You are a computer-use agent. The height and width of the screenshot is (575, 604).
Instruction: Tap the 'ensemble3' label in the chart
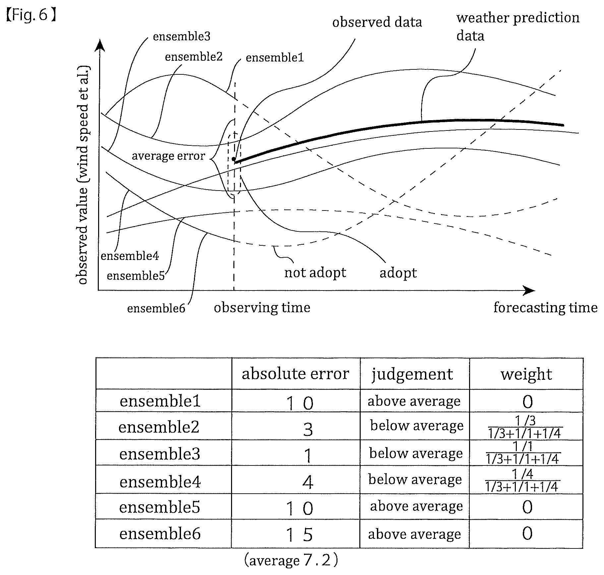click(x=182, y=37)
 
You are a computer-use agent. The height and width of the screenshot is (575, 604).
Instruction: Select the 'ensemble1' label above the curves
click(x=275, y=58)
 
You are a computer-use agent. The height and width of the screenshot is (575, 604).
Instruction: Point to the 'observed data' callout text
click(x=377, y=22)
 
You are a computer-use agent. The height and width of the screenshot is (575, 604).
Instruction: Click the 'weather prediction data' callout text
click(x=518, y=27)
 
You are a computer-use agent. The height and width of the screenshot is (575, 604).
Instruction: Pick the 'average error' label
click(x=168, y=156)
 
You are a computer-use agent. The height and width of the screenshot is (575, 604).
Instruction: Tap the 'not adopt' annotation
click(x=315, y=273)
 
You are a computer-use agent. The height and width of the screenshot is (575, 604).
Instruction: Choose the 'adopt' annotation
click(x=398, y=273)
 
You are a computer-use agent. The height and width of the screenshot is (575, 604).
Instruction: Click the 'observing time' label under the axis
click(x=262, y=308)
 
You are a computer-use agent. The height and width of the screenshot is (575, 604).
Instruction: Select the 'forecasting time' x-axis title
click(x=545, y=307)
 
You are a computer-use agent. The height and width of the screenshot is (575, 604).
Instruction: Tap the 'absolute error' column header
click(x=295, y=374)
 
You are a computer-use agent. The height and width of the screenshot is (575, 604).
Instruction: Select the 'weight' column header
click(x=526, y=374)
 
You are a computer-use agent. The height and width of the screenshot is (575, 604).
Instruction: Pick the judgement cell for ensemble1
click(x=414, y=401)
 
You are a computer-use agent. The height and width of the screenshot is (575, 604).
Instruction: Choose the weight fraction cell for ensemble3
click(x=523, y=452)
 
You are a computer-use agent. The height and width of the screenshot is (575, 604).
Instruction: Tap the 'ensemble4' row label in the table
click(x=160, y=482)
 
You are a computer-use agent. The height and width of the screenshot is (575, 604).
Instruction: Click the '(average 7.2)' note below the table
click(x=291, y=561)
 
